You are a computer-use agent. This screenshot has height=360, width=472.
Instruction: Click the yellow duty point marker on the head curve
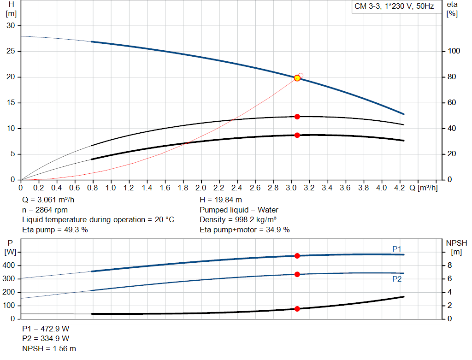point(297,78)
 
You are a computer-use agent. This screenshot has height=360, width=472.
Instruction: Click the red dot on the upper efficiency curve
point(297,117)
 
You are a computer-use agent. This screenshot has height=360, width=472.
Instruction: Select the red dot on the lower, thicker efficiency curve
point(297,135)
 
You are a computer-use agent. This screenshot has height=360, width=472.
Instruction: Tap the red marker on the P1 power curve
point(297,256)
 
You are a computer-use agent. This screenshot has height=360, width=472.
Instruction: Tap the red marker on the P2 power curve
point(297,274)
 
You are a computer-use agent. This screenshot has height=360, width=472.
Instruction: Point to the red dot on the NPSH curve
point(297,309)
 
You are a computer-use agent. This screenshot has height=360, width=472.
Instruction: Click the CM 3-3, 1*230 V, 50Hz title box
point(394,7)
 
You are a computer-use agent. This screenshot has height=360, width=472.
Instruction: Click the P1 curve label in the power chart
point(397,249)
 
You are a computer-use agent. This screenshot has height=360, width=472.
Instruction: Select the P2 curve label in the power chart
point(397,279)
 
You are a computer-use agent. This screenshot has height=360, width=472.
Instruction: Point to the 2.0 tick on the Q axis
point(201,188)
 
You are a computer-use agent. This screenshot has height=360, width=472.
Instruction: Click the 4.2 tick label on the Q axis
point(399,188)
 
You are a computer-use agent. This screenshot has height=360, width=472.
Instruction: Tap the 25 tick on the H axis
point(10,51)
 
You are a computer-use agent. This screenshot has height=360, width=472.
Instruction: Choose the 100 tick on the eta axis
point(454,51)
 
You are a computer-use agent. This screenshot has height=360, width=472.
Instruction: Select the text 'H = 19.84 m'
point(221,200)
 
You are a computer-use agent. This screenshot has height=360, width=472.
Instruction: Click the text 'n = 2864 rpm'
point(45,210)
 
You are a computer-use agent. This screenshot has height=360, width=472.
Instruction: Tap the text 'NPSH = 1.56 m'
point(49,348)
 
